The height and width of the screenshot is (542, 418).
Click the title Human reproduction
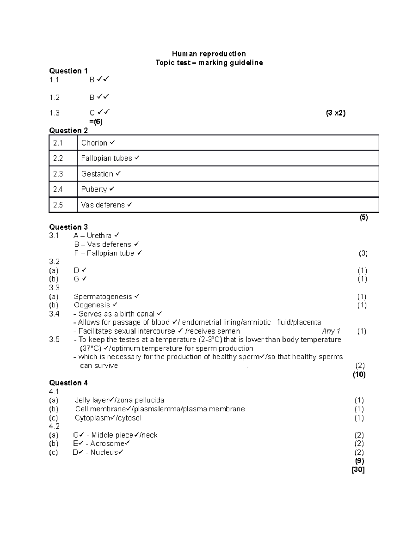click(x=209, y=54)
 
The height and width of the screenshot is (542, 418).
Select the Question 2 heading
click(x=69, y=131)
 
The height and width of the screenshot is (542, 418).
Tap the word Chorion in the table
click(x=94, y=143)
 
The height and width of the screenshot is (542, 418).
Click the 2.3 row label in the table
click(x=58, y=174)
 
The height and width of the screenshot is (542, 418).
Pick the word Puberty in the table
click(x=94, y=189)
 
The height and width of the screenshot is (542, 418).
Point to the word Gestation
click(x=97, y=174)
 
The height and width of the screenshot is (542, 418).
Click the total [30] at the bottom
click(x=358, y=470)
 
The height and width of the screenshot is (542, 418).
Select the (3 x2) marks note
click(x=335, y=113)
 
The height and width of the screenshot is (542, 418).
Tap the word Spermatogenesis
click(x=103, y=297)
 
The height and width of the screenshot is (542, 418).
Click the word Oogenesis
click(x=92, y=305)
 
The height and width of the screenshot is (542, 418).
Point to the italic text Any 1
click(x=331, y=331)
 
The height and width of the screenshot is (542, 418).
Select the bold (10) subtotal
click(x=359, y=374)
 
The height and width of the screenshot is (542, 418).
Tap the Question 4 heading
click(x=69, y=383)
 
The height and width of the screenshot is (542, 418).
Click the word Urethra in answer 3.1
click(x=99, y=236)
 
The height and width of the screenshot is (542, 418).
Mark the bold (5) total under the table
click(x=364, y=217)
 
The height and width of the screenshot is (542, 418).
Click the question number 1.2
click(x=54, y=97)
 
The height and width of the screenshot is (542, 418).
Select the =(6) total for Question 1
click(x=96, y=122)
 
